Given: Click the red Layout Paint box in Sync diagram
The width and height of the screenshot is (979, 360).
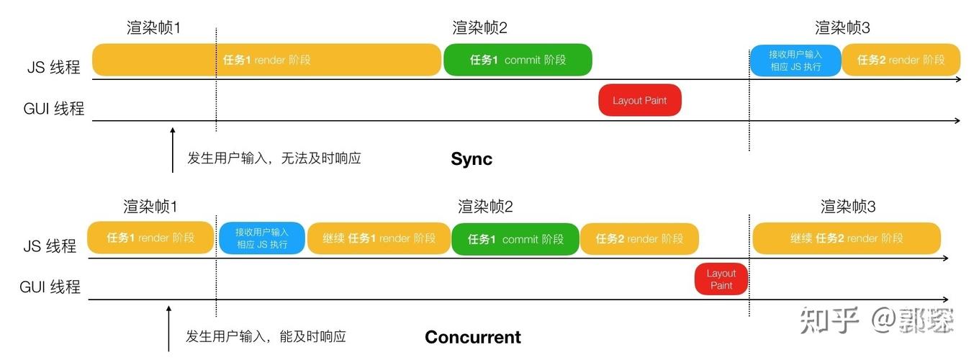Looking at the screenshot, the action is [x=640, y=101].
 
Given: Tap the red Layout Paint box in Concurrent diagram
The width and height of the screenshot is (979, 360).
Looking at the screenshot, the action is [x=721, y=279].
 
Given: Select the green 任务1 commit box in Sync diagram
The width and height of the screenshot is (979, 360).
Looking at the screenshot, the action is [x=518, y=60].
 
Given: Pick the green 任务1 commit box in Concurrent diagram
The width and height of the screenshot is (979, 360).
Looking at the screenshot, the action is [x=515, y=239].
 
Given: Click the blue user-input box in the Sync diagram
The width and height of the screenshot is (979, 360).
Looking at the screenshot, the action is [x=795, y=60].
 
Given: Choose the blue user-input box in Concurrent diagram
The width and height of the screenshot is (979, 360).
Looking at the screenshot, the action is [x=262, y=238].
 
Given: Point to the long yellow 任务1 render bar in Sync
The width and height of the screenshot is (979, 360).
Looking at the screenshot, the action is [x=266, y=60].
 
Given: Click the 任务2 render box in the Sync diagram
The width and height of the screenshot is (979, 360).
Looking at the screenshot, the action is [x=901, y=60].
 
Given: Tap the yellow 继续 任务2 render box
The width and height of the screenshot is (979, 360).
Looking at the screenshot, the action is [x=847, y=238].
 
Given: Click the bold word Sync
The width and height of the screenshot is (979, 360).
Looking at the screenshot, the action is [x=472, y=159].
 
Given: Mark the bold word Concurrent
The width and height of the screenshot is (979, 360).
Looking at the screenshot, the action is [x=473, y=337].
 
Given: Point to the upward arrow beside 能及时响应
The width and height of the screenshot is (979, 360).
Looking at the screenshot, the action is [x=168, y=328].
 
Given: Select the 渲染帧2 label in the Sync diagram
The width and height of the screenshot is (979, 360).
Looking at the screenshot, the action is [x=480, y=28].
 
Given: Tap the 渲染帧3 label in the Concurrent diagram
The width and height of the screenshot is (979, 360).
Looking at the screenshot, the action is [x=848, y=207].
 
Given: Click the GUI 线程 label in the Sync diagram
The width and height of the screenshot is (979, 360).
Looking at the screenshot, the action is [x=54, y=109].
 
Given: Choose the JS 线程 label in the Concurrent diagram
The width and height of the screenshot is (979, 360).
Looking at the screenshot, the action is [x=50, y=246].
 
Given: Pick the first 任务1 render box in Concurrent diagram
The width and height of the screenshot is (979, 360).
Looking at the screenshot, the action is [x=150, y=238].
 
